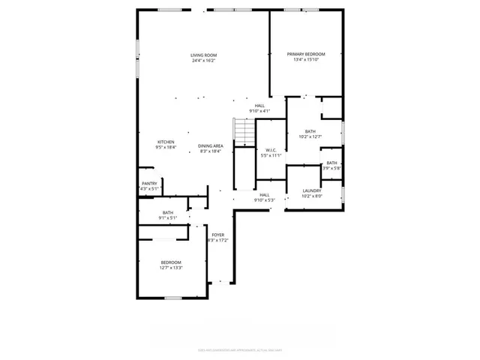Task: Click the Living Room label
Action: click(203, 55)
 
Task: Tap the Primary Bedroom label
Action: click(307, 54)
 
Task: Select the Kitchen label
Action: click(166, 142)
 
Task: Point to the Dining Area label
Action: click(211, 145)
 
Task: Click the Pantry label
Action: click(149, 183)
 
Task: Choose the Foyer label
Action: click(217, 235)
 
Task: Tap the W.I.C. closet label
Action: click(271, 150)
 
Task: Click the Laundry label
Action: click(312, 190)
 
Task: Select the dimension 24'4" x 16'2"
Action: click(203, 61)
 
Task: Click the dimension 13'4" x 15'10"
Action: click(307, 60)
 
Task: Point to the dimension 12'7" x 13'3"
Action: click(171, 268)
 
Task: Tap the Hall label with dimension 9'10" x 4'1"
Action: click(259, 106)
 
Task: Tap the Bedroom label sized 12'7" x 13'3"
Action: click(171, 262)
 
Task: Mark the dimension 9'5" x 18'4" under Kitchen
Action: click(166, 148)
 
